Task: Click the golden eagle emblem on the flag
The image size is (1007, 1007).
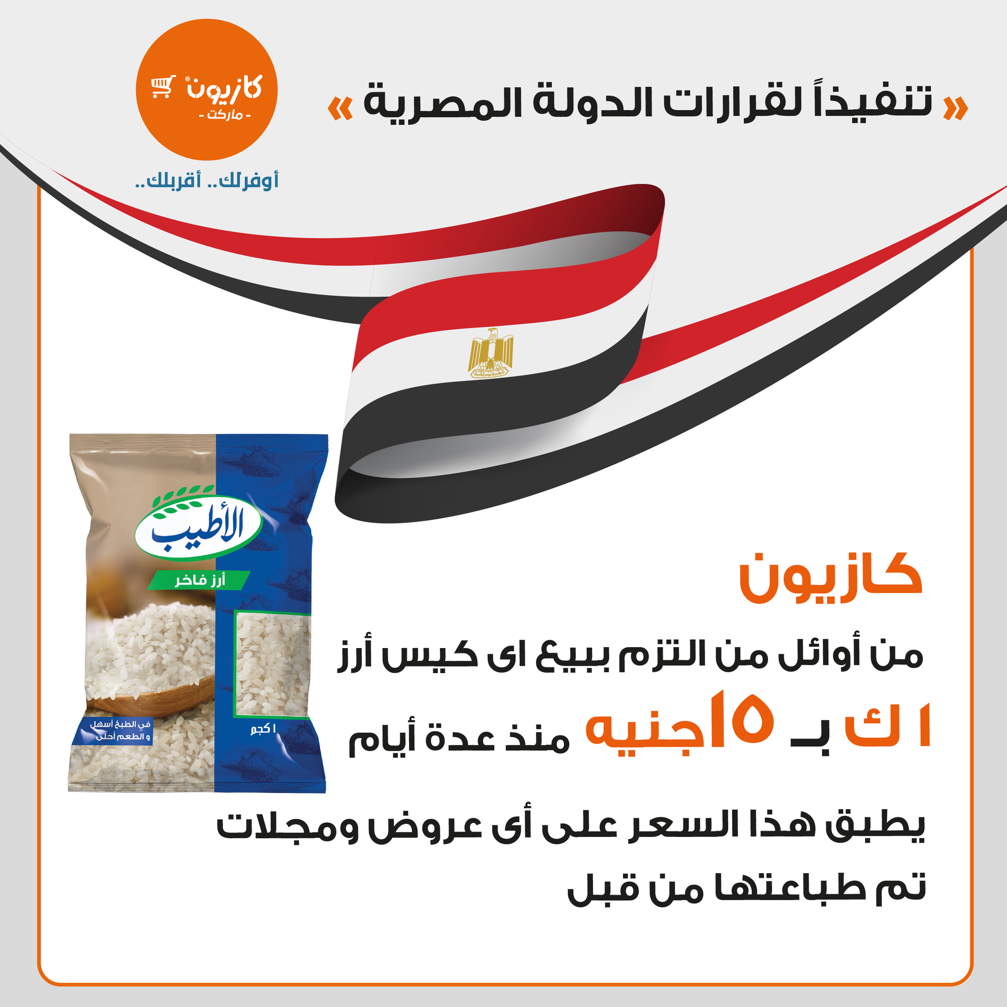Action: tap(490, 353)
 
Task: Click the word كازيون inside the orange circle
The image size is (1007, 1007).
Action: tap(225, 88)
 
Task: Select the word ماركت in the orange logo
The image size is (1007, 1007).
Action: tap(225, 114)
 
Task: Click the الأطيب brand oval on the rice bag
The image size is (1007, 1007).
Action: tap(198, 527)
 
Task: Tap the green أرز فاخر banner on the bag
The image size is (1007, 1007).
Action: tap(200, 580)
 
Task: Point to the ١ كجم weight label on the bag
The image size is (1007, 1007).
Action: tap(263, 729)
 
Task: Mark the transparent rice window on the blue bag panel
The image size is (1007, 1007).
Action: tap(272, 663)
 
